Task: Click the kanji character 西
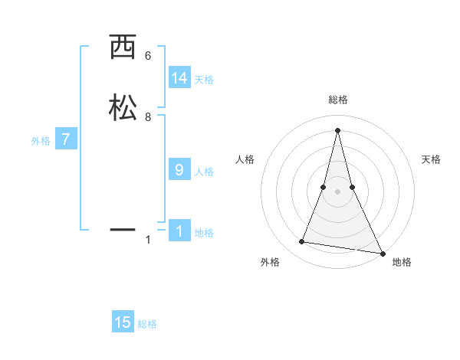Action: (122, 47)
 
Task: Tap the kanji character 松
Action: (122, 108)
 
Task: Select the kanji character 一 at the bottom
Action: (122, 228)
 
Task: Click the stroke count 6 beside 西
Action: (148, 56)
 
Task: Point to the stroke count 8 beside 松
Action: (148, 117)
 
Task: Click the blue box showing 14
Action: (179, 78)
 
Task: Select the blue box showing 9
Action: (179, 170)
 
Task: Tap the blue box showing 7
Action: (66, 139)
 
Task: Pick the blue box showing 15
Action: (123, 322)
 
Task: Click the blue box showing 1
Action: (179, 231)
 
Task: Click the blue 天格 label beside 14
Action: (204, 80)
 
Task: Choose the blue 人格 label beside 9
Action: (204, 172)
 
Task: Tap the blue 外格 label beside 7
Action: (41, 141)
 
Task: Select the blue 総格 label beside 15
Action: (147, 324)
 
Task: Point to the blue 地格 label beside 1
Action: (204, 233)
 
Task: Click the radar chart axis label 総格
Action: (338, 100)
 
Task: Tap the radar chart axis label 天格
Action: (432, 159)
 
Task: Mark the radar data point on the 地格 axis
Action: (382, 253)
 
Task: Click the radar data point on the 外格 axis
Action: (301, 242)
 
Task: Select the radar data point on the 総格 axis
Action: (337, 129)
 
